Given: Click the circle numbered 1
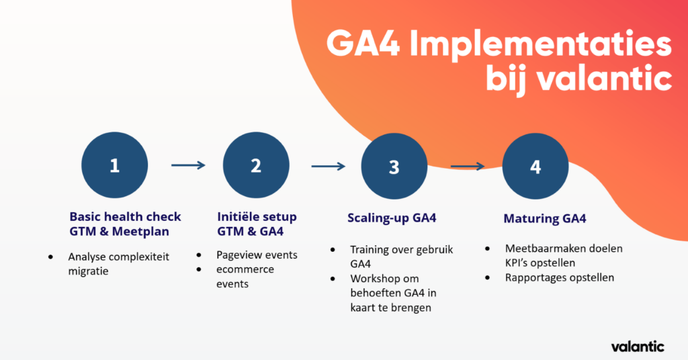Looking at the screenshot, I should click(x=114, y=165).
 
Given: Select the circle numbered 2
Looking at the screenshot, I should click(x=256, y=165).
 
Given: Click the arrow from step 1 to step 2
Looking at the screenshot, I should click(x=188, y=165).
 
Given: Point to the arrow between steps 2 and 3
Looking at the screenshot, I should click(x=328, y=165).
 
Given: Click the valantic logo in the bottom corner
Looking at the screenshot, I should click(x=638, y=347).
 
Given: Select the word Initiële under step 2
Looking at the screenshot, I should click(x=241, y=217).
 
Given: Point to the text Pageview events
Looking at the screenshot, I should click(x=257, y=255).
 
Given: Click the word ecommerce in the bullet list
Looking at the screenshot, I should click(x=245, y=269).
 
